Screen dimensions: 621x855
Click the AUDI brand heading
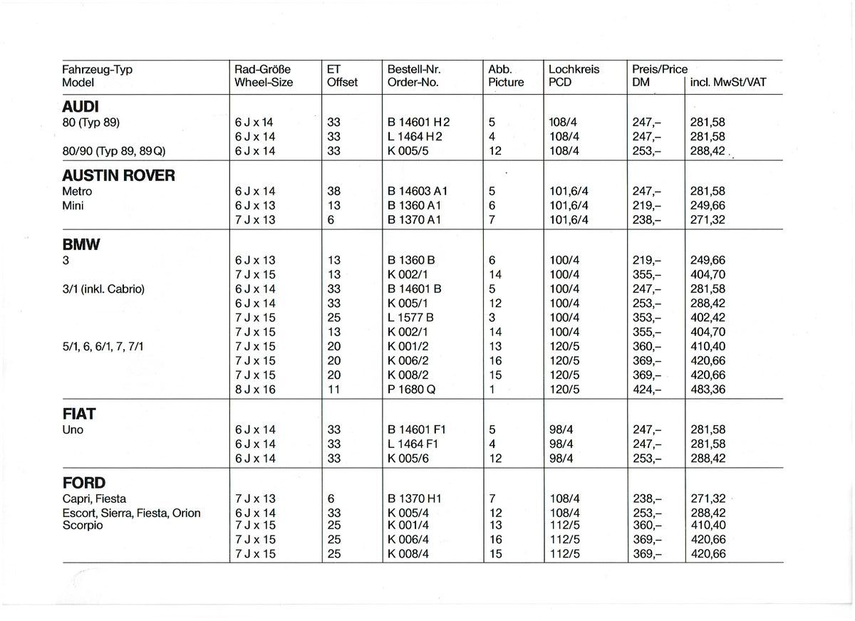[x=81, y=107]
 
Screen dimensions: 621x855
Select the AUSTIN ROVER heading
[x=118, y=176]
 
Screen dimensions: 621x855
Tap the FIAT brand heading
[x=78, y=414]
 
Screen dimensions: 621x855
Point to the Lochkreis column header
[x=574, y=70]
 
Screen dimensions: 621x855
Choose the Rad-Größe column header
[x=263, y=70]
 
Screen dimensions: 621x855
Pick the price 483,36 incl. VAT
[x=708, y=390]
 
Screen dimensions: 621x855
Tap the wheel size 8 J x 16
[x=254, y=390]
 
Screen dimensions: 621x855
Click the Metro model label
[x=77, y=192]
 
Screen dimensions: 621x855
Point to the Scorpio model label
[x=83, y=526]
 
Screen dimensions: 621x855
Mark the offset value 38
[x=333, y=192]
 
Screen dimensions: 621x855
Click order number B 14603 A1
[x=418, y=192]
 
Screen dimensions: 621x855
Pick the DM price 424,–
[x=646, y=390]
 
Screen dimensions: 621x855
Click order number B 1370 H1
[x=415, y=499]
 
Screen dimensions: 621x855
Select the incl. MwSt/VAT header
[x=728, y=82]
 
